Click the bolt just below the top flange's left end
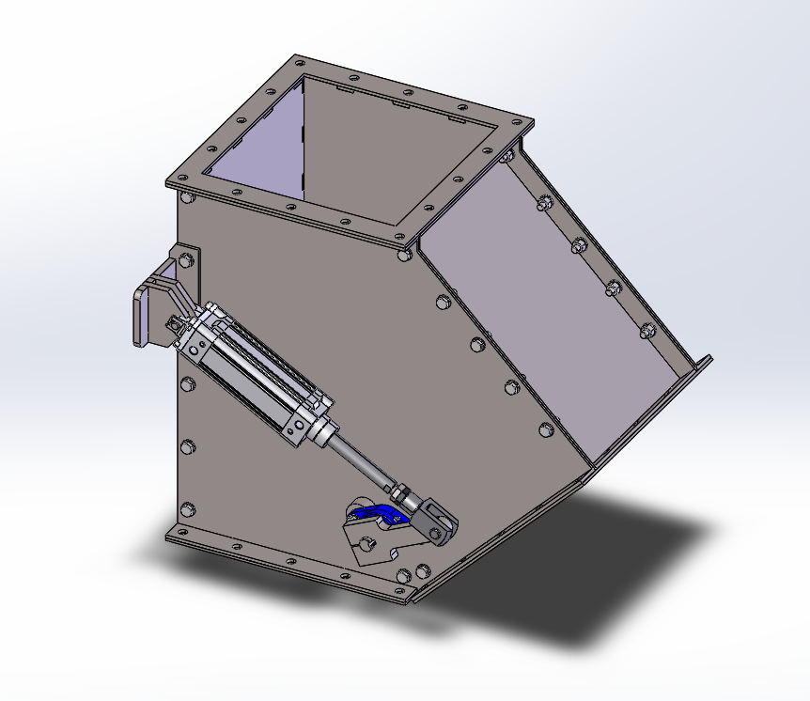coord(186,197)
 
